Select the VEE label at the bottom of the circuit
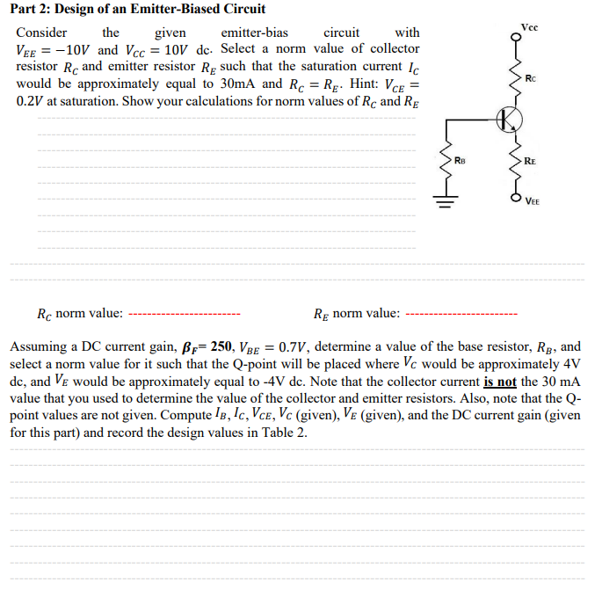(534, 200)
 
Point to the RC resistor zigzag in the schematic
(514, 80)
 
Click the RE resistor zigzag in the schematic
(514, 160)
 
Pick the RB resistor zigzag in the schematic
(444, 160)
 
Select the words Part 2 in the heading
(33, 10)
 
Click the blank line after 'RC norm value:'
(185, 314)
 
